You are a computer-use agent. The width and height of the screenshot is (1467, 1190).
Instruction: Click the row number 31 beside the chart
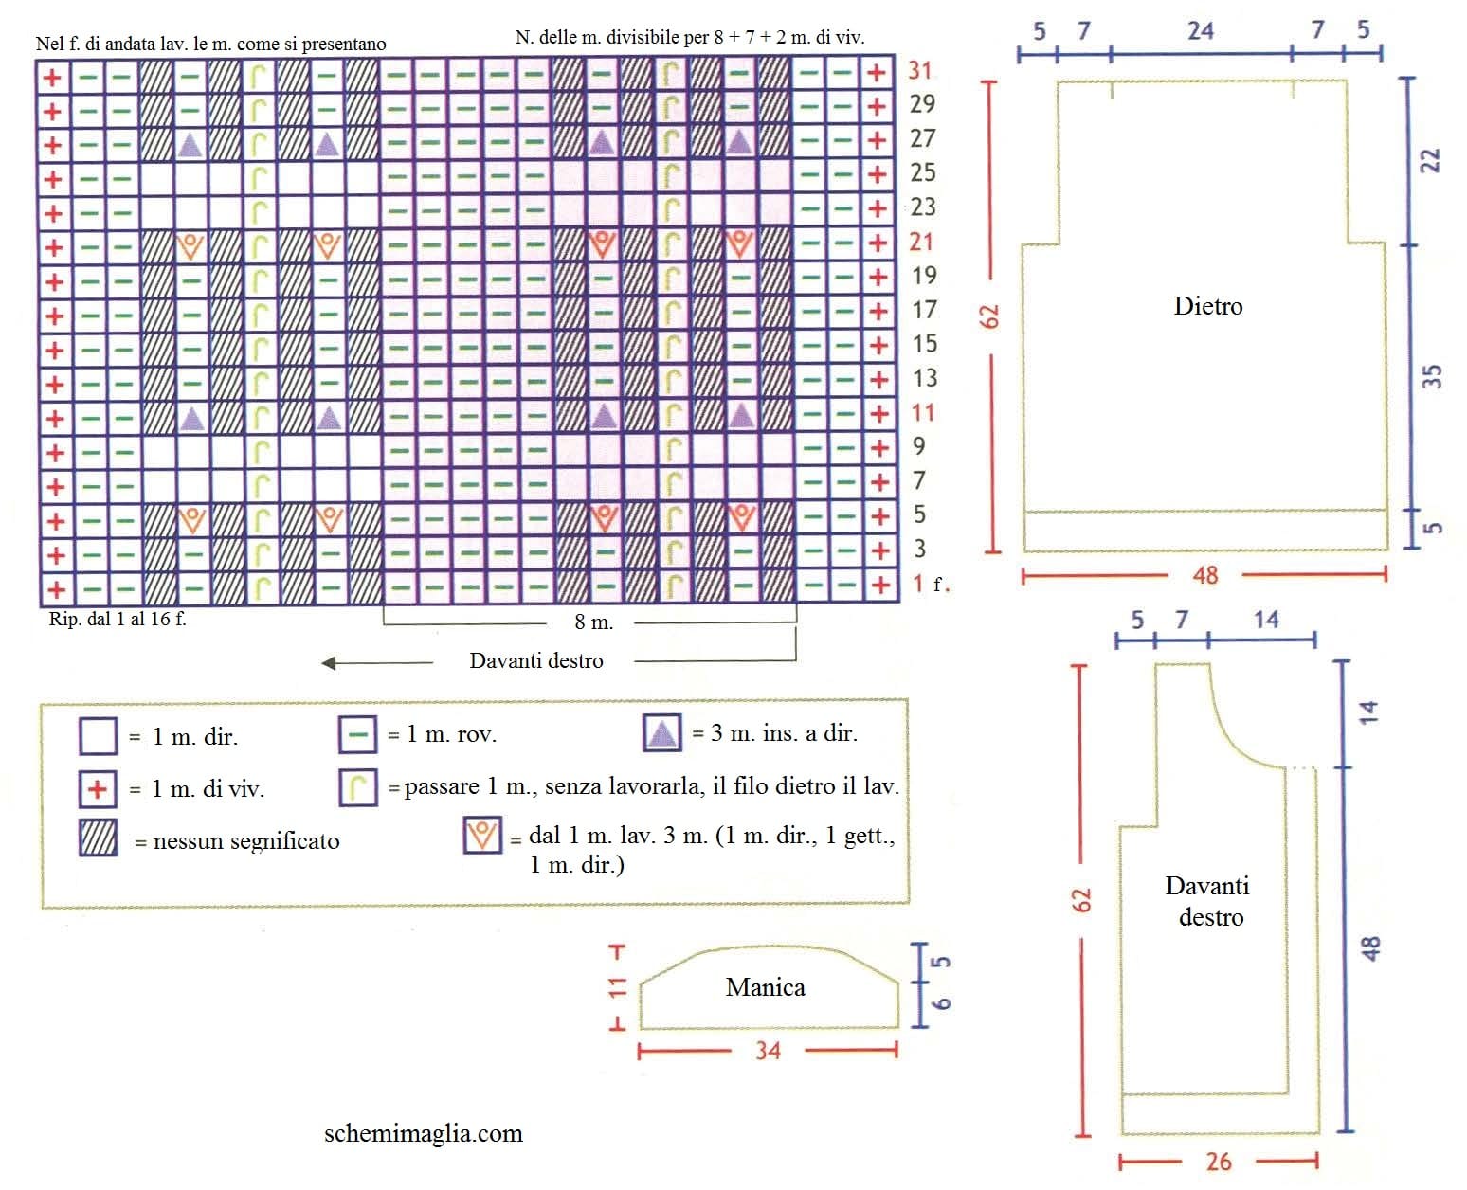[x=919, y=70]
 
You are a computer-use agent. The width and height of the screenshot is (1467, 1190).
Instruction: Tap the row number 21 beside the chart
[x=921, y=242]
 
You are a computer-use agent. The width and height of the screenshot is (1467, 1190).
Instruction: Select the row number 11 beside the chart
[x=923, y=412]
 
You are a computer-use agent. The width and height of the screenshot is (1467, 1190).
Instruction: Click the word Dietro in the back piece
[x=1208, y=306]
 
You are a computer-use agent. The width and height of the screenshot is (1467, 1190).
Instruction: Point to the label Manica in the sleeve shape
[x=765, y=987]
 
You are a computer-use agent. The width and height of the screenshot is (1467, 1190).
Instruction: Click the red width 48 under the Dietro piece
[x=1205, y=575]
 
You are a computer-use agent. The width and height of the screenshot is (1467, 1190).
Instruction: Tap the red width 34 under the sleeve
[x=768, y=1050]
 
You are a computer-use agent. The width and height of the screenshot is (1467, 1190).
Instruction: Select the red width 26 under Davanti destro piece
[x=1219, y=1162]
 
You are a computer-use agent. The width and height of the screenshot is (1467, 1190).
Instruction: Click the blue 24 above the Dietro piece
[x=1201, y=31]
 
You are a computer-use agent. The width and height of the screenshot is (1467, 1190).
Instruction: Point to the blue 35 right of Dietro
[x=1432, y=376]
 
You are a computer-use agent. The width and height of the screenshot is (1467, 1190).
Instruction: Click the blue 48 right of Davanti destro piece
[x=1370, y=948]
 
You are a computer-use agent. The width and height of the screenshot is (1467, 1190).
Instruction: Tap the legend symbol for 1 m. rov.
[x=357, y=735]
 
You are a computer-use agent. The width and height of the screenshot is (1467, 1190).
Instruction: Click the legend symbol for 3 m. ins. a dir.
[x=661, y=732]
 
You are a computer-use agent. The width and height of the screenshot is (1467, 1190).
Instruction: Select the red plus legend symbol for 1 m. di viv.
[x=97, y=788]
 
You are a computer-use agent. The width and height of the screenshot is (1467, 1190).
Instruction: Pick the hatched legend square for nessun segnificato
[x=98, y=838]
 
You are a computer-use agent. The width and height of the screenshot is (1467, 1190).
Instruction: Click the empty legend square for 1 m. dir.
[x=98, y=736]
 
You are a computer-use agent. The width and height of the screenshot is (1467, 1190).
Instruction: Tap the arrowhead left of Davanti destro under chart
[x=329, y=662]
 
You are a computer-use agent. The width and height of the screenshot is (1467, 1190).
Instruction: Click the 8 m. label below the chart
[x=593, y=622]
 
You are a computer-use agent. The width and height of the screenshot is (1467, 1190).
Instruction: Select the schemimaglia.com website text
[x=423, y=1133]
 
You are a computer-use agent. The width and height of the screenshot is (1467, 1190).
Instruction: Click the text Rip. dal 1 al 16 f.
[x=118, y=619]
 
